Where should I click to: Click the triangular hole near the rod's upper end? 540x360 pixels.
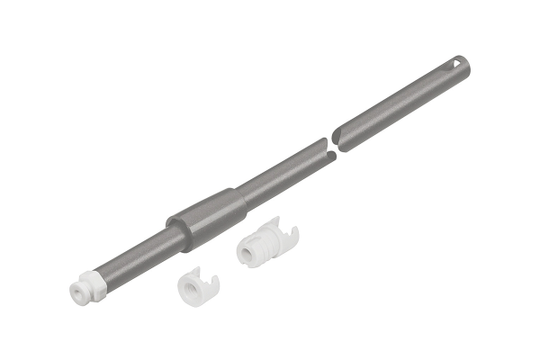click(459, 63)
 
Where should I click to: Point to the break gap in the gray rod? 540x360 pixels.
click(330, 147)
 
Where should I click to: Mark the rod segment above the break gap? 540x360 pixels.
click(396, 103)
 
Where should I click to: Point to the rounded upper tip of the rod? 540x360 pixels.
click(465, 60)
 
